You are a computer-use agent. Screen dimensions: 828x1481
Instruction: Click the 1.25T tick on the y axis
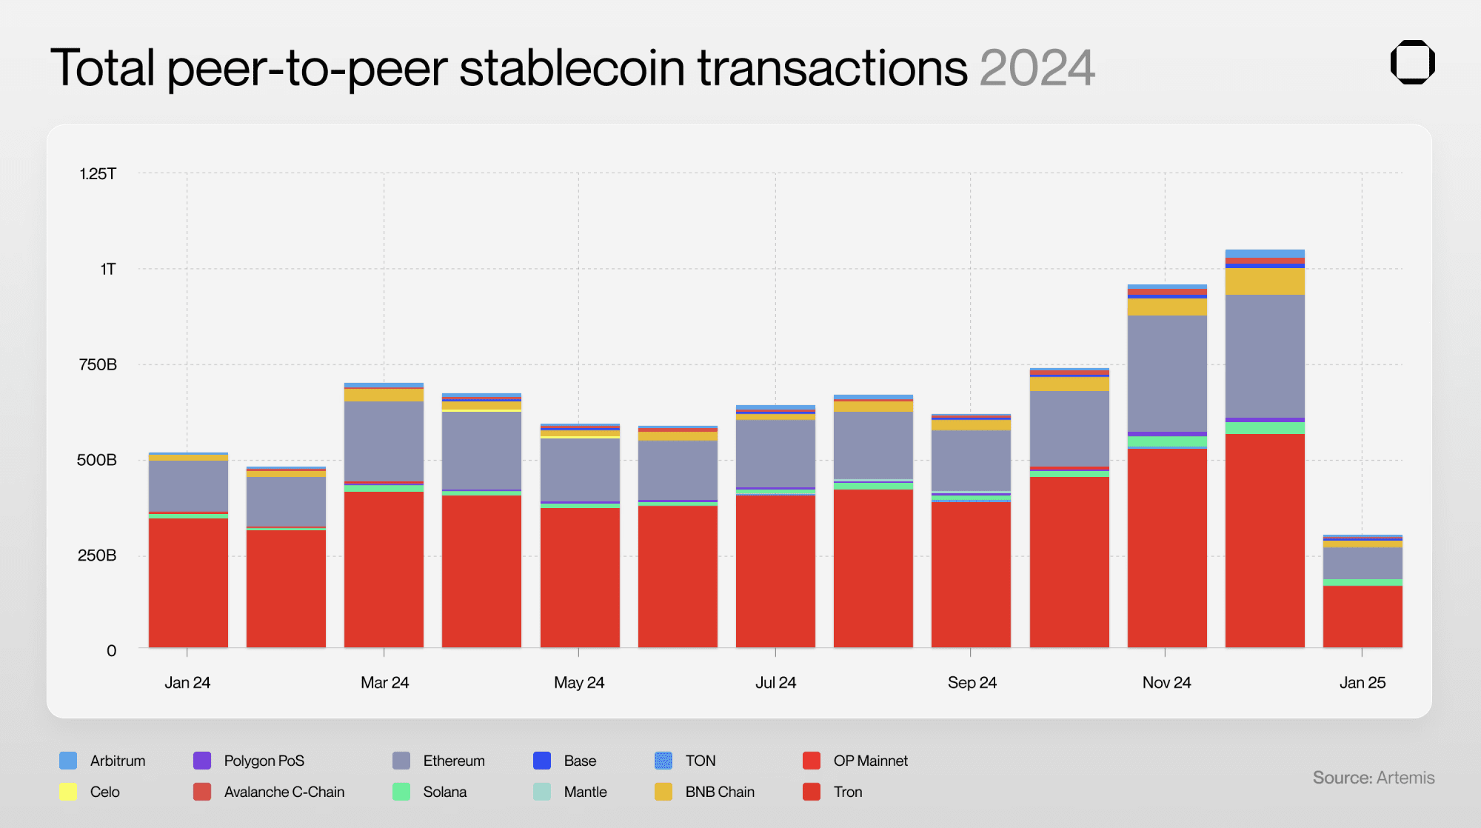coord(98,174)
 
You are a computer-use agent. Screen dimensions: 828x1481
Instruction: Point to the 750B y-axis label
coord(98,364)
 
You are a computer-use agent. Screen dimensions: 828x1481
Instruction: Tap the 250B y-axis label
coord(97,555)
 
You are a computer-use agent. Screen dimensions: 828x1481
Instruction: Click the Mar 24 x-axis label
coord(384,683)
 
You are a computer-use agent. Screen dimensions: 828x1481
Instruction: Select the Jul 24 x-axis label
coord(775,683)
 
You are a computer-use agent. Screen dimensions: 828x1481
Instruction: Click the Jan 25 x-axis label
coord(1362,683)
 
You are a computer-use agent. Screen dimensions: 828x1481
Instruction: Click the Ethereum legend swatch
coord(401,761)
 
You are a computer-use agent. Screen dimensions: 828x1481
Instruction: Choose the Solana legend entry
coord(444,792)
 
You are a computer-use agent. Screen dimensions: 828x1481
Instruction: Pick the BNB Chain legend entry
coord(719,792)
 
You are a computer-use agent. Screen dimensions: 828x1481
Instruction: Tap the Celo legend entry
coord(104,792)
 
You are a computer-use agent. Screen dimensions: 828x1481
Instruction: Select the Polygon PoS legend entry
coord(264,761)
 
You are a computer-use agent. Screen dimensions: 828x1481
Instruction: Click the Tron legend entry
coord(847,792)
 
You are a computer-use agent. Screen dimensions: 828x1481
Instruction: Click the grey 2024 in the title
coord(1037,68)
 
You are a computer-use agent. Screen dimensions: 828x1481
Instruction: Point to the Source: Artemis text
coord(1373,778)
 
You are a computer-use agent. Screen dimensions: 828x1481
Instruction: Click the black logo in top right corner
coord(1412,62)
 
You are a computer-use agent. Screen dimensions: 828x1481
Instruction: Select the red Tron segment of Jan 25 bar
coord(1363,616)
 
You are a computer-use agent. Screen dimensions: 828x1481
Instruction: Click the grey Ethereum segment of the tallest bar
coord(1265,355)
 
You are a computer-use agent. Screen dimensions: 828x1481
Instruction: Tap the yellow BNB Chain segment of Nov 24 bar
coord(1167,307)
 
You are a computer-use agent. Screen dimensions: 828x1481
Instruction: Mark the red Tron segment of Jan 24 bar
coord(188,582)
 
